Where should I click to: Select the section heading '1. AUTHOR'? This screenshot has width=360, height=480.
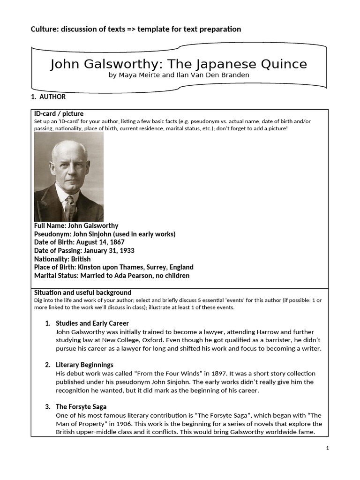click(48, 97)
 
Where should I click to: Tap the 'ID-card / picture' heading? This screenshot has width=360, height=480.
click(59, 113)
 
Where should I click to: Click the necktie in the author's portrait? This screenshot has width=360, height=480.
click(71, 208)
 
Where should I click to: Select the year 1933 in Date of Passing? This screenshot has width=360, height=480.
click(126, 251)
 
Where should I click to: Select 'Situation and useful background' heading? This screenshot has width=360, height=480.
click(82, 292)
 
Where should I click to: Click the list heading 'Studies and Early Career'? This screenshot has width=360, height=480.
click(92, 323)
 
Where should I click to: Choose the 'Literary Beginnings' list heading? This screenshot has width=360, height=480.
click(84, 365)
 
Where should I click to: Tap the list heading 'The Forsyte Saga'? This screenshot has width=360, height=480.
click(81, 406)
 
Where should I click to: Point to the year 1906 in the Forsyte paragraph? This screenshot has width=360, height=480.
click(120, 424)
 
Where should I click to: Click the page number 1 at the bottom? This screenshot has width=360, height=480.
click(328, 449)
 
